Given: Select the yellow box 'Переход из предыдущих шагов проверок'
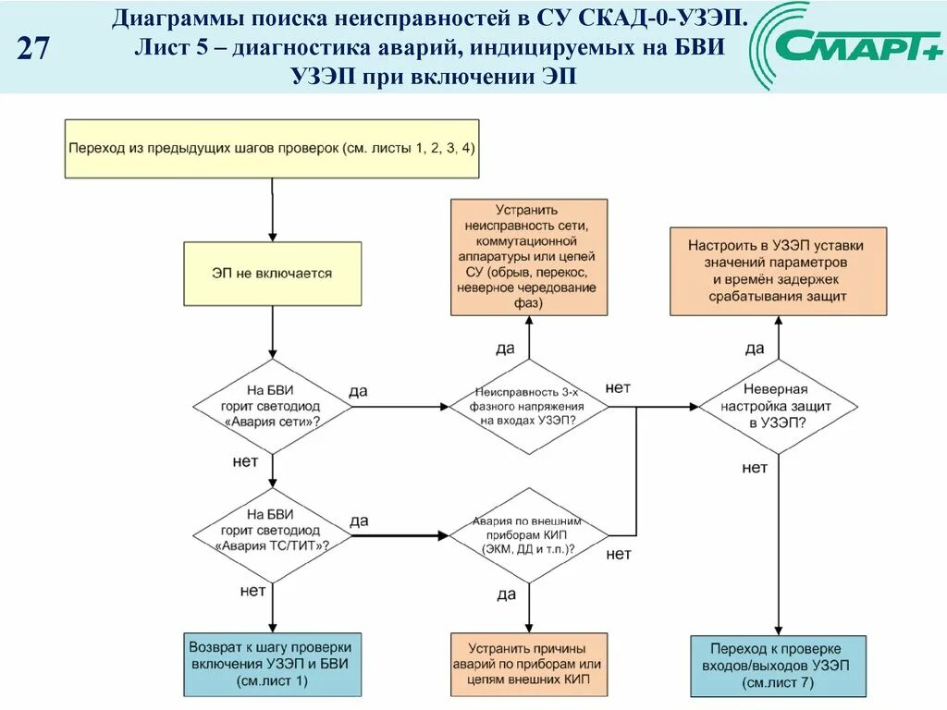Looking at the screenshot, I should click(272, 148).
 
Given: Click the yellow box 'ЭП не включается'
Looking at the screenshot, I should click(272, 274).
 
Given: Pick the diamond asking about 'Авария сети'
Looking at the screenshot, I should click(272, 406).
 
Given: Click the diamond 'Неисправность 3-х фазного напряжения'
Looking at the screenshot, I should click(528, 406).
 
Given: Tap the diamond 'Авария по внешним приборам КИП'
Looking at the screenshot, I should click(528, 535).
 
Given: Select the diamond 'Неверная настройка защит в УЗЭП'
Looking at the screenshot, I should click(777, 406).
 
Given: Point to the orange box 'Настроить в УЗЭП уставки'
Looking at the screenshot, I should click(777, 272).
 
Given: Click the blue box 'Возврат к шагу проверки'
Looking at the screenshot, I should click(271, 664).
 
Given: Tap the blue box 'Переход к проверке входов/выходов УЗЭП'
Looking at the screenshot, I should click(777, 666).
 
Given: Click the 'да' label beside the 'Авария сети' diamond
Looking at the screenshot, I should click(358, 391).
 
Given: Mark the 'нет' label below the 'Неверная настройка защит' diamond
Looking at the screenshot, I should click(755, 468).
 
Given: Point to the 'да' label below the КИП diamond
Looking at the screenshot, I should click(506, 594).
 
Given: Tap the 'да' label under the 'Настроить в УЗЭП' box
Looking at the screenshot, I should click(755, 349).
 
